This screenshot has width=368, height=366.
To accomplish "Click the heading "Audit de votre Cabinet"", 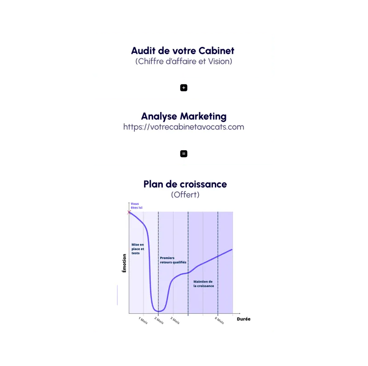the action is tap(183, 51).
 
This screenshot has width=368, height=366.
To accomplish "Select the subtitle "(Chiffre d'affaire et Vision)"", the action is tap(184, 62).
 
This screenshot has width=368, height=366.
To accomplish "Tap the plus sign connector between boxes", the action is tap(183, 87).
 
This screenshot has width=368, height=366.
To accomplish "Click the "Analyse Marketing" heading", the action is tap(184, 116).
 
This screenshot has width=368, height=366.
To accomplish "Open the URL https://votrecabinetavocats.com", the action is tap(184, 127).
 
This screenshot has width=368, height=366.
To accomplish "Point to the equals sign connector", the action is tap(183, 153).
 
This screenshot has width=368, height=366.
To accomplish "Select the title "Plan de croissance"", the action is tap(185, 184).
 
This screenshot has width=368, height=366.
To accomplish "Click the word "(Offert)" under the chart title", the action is tap(185, 195).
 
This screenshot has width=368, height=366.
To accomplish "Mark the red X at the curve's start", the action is tap(129, 212).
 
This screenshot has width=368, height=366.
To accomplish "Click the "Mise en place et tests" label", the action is tap(138, 249).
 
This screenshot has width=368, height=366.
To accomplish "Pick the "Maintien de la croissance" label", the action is tap(203, 283).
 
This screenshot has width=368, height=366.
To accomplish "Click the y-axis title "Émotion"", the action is tap(124, 264).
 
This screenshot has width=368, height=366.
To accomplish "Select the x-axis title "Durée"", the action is tap(244, 319).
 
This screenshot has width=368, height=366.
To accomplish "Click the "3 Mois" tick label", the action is tap(174, 321).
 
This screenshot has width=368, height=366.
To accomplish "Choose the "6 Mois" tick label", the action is tap(219, 321).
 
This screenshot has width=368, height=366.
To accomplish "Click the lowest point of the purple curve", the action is tap(158, 312).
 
